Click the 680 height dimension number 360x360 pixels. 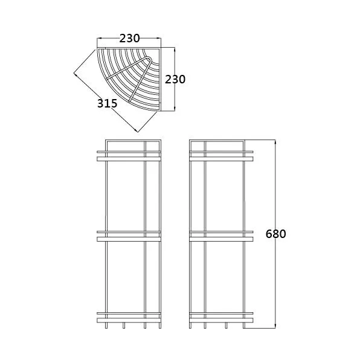(x=275, y=234)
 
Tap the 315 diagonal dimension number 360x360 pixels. (x=108, y=103)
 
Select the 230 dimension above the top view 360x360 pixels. (x=129, y=38)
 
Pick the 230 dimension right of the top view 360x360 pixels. (x=175, y=80)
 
